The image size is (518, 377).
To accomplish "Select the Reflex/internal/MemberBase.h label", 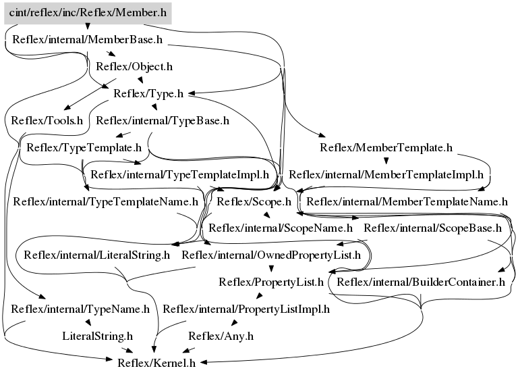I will click(88, 40).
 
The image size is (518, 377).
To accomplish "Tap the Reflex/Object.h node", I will click(134, 67).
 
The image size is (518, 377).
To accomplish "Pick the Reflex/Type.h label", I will click(149, 94).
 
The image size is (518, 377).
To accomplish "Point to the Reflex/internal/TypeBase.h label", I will click(163, 121).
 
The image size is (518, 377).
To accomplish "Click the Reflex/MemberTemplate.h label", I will click(386, 147).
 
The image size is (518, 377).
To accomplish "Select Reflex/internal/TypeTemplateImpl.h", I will click(179, 174).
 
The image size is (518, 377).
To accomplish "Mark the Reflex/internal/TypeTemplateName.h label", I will click(106, 201).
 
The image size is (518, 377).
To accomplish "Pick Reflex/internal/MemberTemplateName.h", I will click(407, 201).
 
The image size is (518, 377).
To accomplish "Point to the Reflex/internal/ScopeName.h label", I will click(281, 228).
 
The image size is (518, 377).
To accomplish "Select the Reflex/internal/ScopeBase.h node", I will click(432, 228).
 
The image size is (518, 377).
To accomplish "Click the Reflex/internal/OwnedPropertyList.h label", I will click(271, 255).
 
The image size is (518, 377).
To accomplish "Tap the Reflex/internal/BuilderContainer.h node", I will click(421, 282).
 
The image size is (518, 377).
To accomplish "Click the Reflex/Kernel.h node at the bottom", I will click(157, 363).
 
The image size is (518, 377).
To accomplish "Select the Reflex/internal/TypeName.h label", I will click(80, 309).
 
